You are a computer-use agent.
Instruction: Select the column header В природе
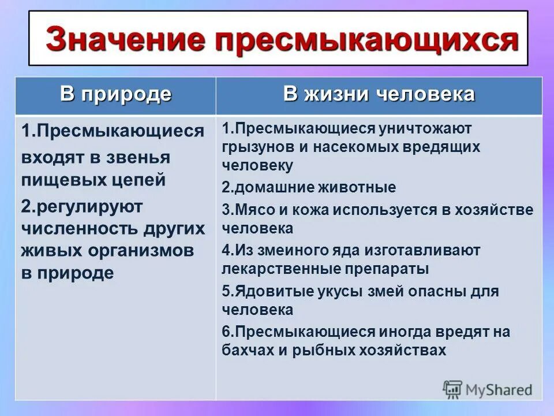[116, 94]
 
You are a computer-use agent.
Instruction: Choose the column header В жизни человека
[379, 94]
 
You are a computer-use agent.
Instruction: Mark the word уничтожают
[424, 128]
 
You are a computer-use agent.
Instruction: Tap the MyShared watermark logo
[488, 388]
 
